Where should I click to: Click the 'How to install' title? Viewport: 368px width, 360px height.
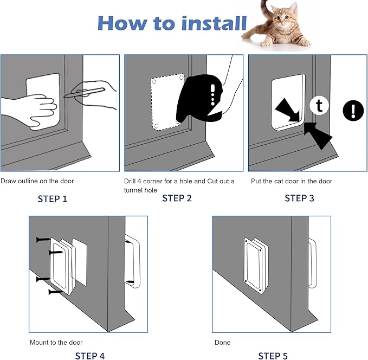tap(172, 23)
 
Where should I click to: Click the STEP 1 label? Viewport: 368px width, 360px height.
tap(53, 199)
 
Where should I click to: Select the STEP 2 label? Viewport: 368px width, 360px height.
tap(177, 198)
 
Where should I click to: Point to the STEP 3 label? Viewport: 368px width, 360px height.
tap(299, 198)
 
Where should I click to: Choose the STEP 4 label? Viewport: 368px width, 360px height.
tap(90, 356)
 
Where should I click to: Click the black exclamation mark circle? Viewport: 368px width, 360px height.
tap(353, 111)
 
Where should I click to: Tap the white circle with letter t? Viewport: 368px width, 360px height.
tap(319, 106)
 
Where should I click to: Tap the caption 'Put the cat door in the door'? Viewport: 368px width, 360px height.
tap(291, 181)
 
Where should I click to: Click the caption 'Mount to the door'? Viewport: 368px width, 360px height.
tap(56, 343)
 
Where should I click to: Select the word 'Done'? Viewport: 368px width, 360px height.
tap(222, 343)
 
